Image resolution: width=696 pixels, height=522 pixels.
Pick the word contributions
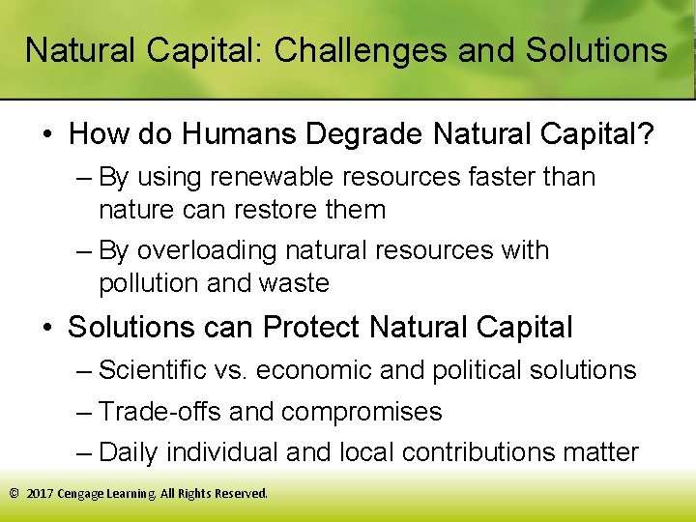point(493,452)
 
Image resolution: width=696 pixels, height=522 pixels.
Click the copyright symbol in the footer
point(14,494)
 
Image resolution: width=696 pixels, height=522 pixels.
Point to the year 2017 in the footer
point(39,494)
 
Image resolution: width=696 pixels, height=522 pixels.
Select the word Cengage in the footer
point(82,494)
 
